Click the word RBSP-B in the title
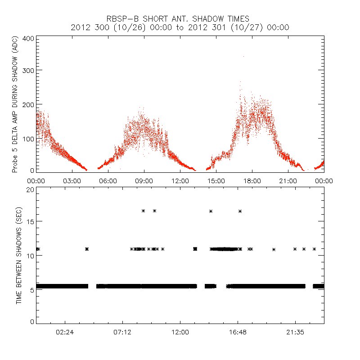click(x=122, y=19)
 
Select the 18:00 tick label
click(x=252, y=180)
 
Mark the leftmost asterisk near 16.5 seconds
click(x=144, y=211)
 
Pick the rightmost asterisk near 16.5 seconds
click(x=240, y=211)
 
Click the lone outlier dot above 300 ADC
click(x=243, y=56)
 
